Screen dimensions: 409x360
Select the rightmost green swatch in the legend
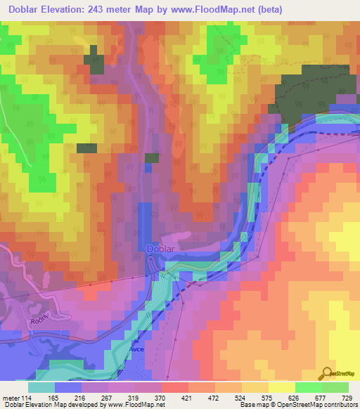[x=335, y=387]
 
